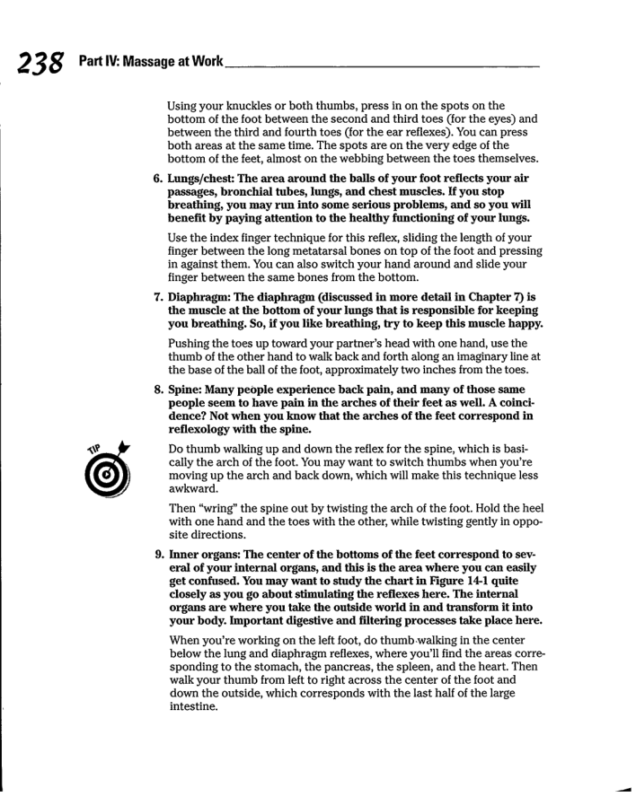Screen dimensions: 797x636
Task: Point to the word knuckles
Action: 256,106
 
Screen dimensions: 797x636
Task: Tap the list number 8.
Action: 158,381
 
